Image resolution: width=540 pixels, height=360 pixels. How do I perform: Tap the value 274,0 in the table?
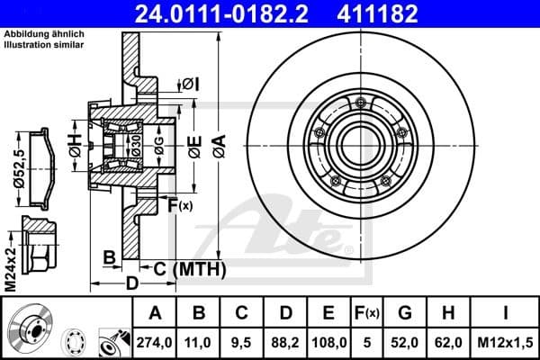point(155,342)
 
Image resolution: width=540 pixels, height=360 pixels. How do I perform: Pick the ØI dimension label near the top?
point(190,84)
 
